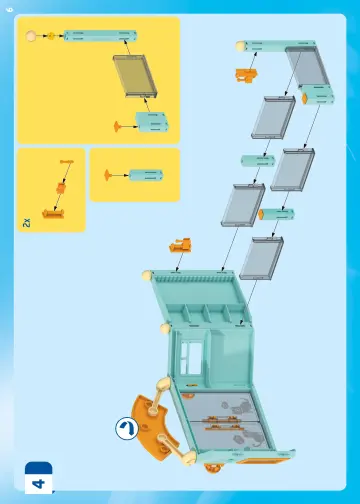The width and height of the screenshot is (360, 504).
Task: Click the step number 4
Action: (39, 483)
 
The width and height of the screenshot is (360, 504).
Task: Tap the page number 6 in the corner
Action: (10, 10)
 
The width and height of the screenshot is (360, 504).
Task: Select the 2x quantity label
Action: (26, 223)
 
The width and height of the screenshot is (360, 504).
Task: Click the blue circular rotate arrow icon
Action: (127, 428)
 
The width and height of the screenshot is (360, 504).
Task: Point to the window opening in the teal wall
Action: (191, 358)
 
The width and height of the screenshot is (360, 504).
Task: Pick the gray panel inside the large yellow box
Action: (135, 76)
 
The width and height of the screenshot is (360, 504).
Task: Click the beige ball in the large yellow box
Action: (31, 36)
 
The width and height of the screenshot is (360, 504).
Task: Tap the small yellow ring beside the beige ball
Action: (51, 36)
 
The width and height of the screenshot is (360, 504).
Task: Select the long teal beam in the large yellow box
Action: (100, 36)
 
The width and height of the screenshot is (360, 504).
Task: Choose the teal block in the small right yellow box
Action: (146, 175)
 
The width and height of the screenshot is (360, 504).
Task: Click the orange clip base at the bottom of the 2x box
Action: (53, 214)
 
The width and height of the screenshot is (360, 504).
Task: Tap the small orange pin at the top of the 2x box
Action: (67, 162)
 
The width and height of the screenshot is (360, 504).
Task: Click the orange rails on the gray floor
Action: (221, 423)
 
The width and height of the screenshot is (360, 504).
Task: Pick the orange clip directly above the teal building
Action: (180, 245)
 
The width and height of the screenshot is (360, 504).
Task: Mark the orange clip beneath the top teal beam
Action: (246, 75)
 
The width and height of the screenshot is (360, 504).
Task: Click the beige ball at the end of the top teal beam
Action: (240, 46)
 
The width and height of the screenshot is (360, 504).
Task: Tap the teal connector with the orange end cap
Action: (276, 214)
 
